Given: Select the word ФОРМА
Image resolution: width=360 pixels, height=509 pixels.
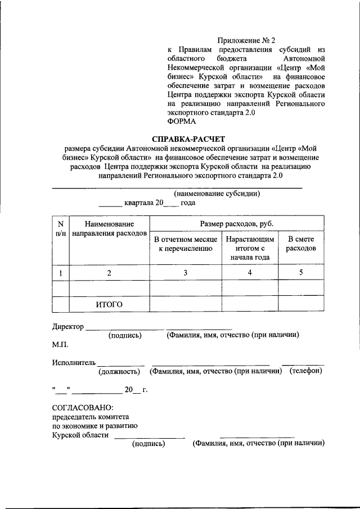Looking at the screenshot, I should [x=182, y=121].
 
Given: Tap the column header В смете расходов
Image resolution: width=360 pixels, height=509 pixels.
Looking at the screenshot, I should [x=301, y=244].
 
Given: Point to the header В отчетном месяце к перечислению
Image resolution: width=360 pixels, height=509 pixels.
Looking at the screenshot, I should [x=185, y=244].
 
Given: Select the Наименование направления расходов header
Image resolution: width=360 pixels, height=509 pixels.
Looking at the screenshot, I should [x=109, y=228].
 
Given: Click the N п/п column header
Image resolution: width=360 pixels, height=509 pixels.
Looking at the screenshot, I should [x=60, y=228].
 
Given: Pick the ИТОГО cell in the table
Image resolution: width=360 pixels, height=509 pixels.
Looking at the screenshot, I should [x=109, y=304].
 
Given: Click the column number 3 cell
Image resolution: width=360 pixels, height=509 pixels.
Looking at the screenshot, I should [x=185, y=273].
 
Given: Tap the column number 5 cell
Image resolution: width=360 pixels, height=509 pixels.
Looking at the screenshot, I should [x=301, y=273].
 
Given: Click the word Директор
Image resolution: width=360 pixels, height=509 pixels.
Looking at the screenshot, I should [x=68, y=326].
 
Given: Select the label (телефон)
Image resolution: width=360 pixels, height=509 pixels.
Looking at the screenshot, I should [x=305, y=372].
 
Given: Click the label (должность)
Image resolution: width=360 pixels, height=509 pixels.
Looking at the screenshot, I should [x=119, y=372].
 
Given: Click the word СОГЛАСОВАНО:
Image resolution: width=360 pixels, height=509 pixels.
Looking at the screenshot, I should [x=83, y=407].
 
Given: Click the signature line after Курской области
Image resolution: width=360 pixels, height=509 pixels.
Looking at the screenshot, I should [x=149, y=437].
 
